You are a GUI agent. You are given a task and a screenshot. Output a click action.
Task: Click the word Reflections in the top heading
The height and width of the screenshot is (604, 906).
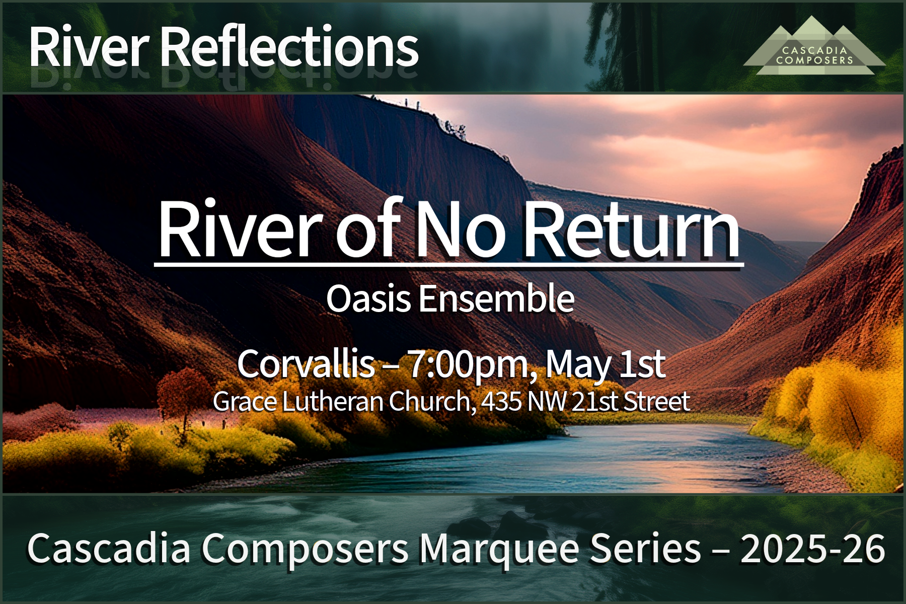[289, 47]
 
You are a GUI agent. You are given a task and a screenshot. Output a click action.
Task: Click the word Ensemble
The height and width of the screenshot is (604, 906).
[496, 298]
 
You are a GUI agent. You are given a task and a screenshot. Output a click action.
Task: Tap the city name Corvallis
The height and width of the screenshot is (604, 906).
[306, 363]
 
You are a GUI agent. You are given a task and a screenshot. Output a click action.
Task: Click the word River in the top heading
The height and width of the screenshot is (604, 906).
[89, 47]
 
